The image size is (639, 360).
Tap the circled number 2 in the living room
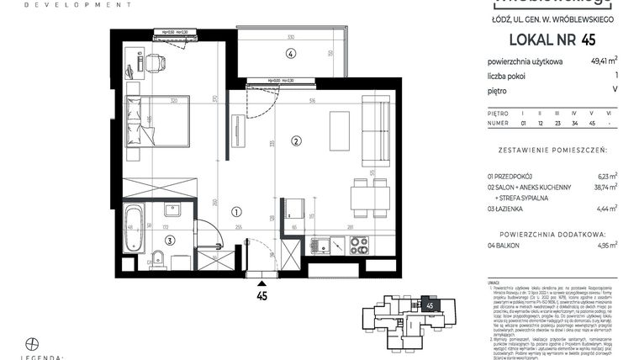click(295, 140)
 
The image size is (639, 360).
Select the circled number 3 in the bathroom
click(169, 240)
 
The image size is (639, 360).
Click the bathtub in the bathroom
click(133, 226)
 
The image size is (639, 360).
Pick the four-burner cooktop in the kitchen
click(358, 245)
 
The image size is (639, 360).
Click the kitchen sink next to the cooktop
click(323, 246)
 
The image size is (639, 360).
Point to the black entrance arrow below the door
click(261, 284)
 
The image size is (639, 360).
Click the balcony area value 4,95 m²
click(605, 245)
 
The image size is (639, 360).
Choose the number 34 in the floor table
click(574, 124)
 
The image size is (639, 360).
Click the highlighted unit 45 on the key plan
click(430, 305)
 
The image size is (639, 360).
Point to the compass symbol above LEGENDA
click(33, 343)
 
